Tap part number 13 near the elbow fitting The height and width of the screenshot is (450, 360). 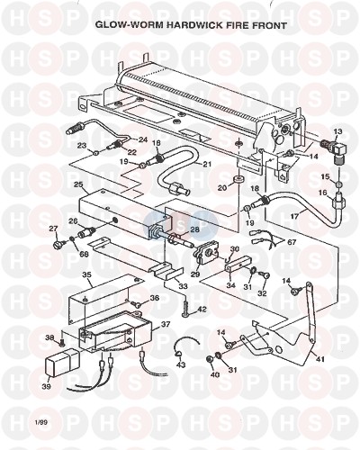pyautogui.click(x=337, y=132)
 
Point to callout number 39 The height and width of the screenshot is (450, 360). pyautogui.click(x=46, y=387)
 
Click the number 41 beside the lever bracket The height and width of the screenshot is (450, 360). pyautogui.click(x=320, y=359)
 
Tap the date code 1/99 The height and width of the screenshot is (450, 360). pyautogui.click(x=40, y=423)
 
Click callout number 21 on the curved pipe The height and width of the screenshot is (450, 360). pyautogui.click(x=207, y=164)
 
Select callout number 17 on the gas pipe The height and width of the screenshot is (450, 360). pyautogui.click(x=295, y=216)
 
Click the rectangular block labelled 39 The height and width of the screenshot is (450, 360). pyautogui.click(x=62, y=364)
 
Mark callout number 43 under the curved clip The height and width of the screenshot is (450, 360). pyautogui.click(x=181, y=364)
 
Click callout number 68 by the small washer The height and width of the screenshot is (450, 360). pyautogui.click(x=84, y=255)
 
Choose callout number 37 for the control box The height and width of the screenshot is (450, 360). pyautogui.click(x=166, y=324)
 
